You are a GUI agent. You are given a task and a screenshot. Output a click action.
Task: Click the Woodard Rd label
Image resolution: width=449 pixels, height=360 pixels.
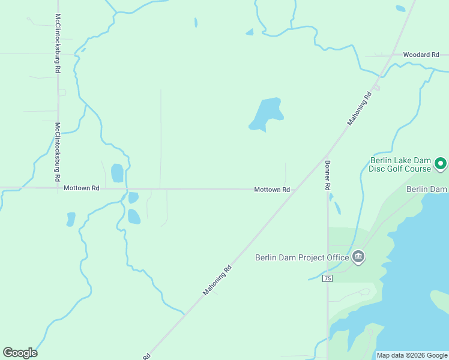coord(421,55)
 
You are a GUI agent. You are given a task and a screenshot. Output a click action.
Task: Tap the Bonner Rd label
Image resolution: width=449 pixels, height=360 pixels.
coord(328,175)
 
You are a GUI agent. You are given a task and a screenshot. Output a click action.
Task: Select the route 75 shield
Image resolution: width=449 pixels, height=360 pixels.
coord(327,278)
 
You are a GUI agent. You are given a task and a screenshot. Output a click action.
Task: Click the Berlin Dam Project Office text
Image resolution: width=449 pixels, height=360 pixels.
coord(302,257)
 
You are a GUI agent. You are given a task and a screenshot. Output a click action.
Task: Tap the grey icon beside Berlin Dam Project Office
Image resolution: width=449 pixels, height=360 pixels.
coord(358,257)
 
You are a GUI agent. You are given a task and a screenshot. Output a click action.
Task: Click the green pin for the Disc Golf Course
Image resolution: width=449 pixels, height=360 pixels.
coord(440,163)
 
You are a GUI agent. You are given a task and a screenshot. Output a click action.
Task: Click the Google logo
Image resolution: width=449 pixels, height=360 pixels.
coord(20,353)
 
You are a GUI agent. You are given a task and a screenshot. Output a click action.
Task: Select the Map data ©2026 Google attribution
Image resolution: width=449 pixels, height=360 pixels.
coord(411,355)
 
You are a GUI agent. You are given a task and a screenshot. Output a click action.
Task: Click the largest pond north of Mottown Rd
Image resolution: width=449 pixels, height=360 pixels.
coord(266,114)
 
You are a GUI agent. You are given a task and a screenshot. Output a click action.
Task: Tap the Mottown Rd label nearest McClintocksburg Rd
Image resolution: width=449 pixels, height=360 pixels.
coord(81,188)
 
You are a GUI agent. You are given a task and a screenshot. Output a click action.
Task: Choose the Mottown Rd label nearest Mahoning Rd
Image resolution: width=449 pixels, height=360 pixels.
coord(272,190)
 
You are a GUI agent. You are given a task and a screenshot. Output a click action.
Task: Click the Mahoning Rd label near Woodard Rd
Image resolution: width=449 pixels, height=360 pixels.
coord(360,109)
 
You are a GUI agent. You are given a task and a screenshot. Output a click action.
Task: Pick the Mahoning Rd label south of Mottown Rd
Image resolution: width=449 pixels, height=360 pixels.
coord(217,280)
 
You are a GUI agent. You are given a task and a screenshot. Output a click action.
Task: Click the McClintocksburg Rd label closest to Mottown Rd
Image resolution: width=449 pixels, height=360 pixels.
coord(58,152)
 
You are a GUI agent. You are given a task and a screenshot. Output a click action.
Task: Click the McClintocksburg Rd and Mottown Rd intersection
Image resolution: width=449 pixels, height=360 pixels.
coord(58,188)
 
